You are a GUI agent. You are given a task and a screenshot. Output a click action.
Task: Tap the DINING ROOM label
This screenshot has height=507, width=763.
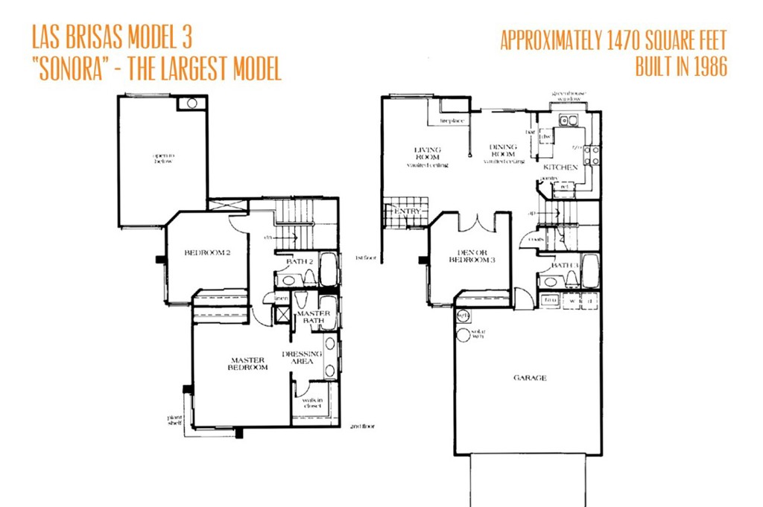point(503,150)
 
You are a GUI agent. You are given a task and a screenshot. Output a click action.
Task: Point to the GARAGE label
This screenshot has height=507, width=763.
point(530,377)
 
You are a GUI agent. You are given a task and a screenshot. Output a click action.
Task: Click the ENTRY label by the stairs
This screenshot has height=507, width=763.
point(408,211)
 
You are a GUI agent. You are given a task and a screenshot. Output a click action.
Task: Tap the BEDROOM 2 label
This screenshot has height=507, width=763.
point(206,253)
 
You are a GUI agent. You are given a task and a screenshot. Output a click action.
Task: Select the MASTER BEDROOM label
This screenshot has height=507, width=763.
point(247,364)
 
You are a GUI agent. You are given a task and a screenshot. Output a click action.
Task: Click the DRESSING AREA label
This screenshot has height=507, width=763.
point(303,357)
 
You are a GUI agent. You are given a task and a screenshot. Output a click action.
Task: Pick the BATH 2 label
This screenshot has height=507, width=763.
point(299,262)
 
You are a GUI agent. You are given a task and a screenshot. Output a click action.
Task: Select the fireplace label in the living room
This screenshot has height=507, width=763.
point(452,120)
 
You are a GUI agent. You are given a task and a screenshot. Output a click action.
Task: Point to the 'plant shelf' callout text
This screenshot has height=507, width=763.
point(175,421)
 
